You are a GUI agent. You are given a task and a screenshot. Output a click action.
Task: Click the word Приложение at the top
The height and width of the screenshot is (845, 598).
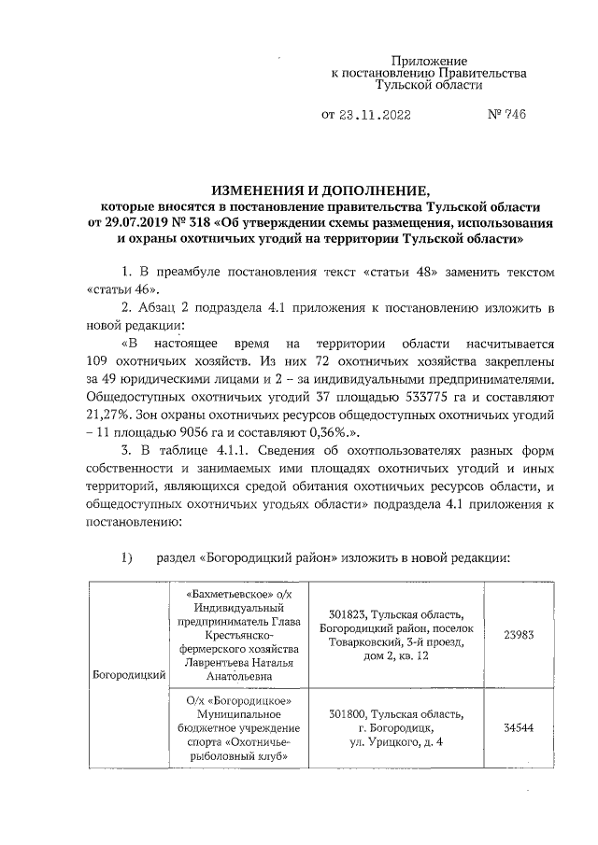(429, 59)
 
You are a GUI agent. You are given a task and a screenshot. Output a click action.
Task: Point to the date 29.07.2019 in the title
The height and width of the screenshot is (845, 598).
(146, 222)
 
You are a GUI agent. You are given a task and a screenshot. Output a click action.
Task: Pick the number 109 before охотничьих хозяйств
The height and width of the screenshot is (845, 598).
(99, 360)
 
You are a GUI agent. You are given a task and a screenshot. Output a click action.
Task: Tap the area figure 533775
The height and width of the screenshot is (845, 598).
(400, 394)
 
